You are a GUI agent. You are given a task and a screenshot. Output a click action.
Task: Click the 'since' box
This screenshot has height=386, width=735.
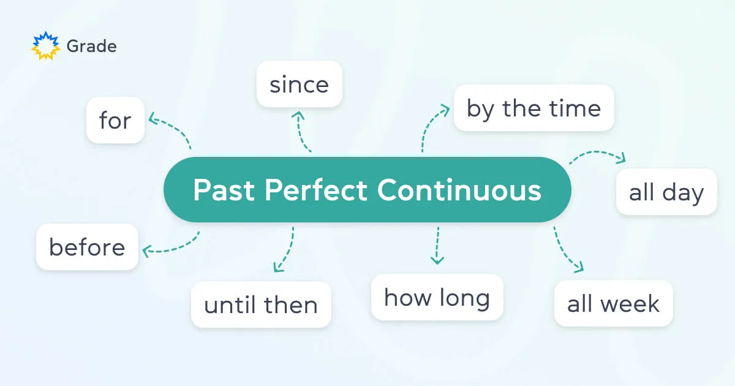tap(299, 85)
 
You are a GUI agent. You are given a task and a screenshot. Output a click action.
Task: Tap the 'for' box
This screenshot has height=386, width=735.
tap(115, 120)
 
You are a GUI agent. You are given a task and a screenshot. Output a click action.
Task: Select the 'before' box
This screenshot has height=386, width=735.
tap(87, 247)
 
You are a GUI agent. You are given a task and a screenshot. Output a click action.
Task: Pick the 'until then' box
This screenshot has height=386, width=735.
tap(261, 305)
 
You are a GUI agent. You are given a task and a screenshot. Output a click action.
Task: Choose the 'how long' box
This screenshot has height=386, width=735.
tap(437, 297)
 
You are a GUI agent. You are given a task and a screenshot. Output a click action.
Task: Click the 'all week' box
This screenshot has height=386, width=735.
tap(613, 303)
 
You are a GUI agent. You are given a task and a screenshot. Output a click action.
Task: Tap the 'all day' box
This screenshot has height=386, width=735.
tap(666, 192)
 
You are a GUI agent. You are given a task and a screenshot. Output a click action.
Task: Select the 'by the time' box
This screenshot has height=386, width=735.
tap(533, 108)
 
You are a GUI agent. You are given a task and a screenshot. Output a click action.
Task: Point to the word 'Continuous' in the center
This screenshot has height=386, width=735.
tap(459, 190)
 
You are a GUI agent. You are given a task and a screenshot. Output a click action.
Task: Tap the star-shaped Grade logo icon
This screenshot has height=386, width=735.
tap(45, 46)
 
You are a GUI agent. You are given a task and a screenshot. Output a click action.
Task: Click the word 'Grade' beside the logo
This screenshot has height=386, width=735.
tap(91, 46)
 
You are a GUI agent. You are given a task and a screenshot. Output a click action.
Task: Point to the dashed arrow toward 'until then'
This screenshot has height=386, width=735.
tap(285, 250)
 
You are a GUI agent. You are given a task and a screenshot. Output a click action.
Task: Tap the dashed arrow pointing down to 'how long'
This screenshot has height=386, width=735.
tap(437, 245)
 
